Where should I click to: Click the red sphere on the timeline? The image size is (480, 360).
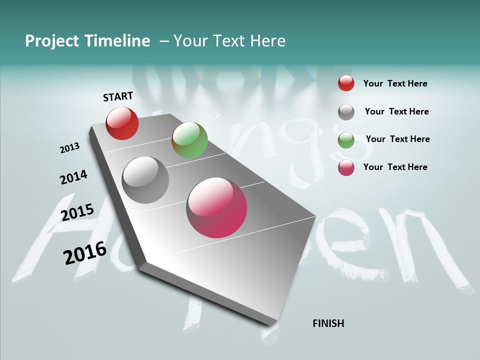tap(122, 123)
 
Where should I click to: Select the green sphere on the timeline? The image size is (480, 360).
tap(189, 140)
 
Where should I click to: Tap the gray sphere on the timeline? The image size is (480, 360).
tap(145, 180)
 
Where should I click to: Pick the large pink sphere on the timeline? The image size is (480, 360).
tap(216, 207)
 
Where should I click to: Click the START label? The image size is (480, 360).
tap(118, 96)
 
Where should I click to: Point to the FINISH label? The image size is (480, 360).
tap(328, 323)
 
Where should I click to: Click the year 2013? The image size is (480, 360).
tap(69, 148)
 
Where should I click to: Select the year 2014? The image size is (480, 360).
tap(73, 177)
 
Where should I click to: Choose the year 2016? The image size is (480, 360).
tap(85, 252)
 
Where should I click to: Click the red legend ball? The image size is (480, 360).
tap(346, 83)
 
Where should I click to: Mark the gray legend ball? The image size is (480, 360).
tap(346, 112)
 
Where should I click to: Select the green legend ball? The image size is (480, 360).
tap(346, 139)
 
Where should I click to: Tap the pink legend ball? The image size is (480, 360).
tap(346, 167)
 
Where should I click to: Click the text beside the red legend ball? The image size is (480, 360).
tap(395, 83)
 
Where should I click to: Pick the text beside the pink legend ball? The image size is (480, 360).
tap(395, 167)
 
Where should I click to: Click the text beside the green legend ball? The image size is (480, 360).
tap(397, 139)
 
